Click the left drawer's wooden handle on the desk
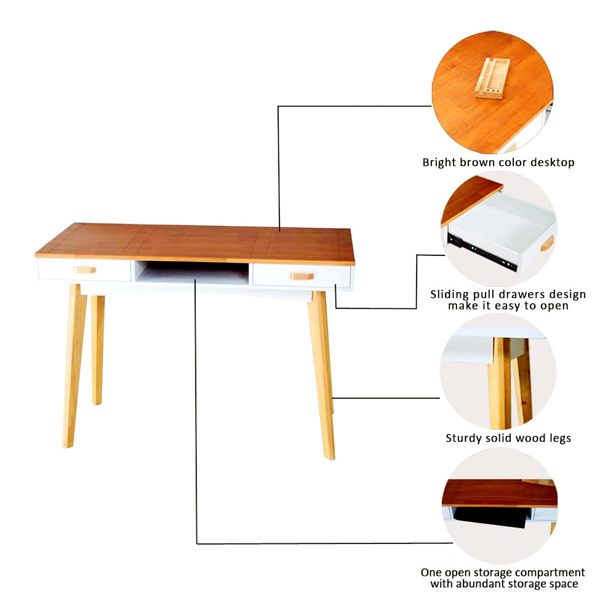[85, 270]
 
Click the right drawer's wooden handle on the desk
[302, 276]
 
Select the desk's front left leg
[73, 363]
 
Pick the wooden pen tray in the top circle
[493, 78]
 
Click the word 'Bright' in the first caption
[439, 163]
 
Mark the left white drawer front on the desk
[62, 270]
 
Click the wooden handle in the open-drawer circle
[547, 242]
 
